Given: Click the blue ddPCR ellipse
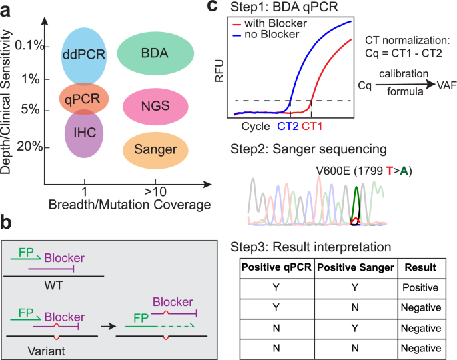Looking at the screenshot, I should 83,53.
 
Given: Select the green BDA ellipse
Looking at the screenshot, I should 155,53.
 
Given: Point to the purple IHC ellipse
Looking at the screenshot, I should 83,131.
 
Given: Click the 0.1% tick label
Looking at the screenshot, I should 31,46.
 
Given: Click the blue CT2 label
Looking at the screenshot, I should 288,125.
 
